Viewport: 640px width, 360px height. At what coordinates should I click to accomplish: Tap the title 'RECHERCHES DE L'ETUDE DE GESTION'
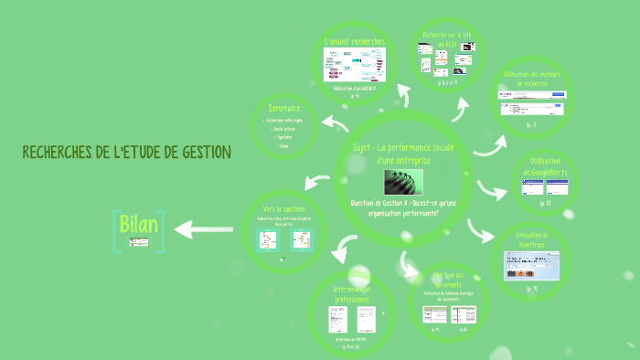[126, 152]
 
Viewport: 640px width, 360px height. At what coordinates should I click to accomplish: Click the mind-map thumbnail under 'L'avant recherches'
[355, 65]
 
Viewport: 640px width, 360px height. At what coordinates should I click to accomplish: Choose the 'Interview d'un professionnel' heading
[352, 295]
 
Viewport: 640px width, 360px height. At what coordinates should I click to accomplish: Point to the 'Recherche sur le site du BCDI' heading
[446, 38]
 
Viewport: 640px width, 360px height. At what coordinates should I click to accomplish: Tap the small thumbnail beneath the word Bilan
[139, 243]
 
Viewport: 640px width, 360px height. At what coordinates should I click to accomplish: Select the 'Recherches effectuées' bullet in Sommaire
[283, 120]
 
